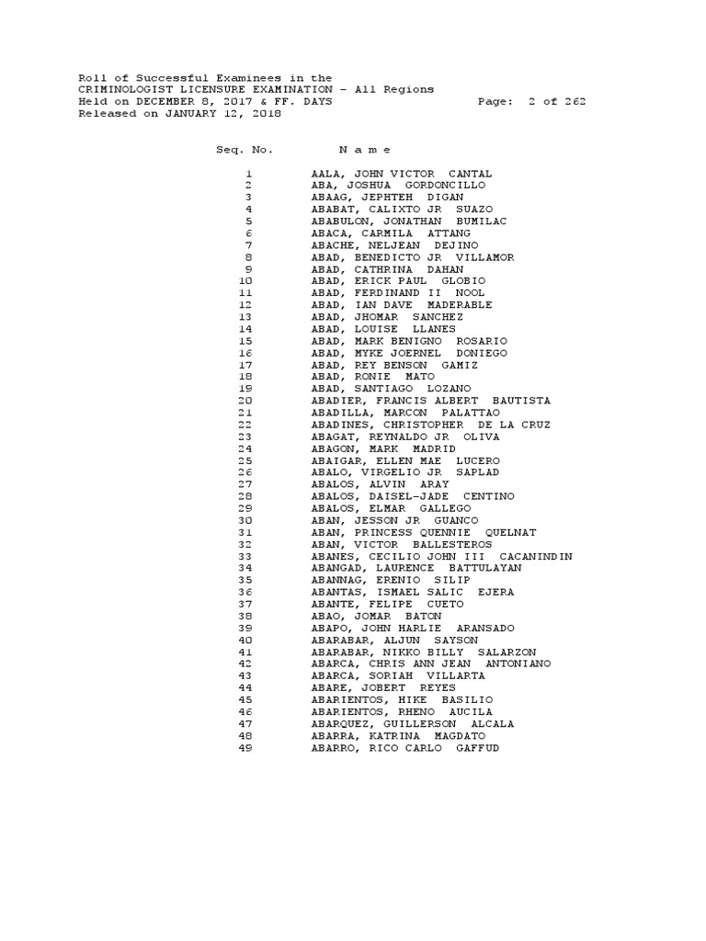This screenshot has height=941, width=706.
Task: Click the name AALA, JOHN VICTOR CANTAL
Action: pyautogui.click(x=401, y=173)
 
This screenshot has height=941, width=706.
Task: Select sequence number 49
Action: pyautogui.click(x=245, y=748)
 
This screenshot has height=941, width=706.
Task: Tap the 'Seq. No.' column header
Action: pyautogui.click(x=238, y=149)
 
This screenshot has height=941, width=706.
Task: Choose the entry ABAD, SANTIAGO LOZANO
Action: pyautogui.click(x=391, y=389)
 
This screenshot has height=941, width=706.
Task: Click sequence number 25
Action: pyautogui.click(x=245, y=460)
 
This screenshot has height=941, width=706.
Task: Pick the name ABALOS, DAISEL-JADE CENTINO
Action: pyautogui.click(x=413, y=496)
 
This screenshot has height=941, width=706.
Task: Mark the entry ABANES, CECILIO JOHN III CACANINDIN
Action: pyautogui.click(x=441, y=556)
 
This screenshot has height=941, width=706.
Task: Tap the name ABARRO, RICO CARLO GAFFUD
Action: pyautogui.click(x=405, y=748)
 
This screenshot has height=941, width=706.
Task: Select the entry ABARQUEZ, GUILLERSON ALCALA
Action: pyautogui.click(x=413, y=724)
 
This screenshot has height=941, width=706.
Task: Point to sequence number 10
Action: pyautogui.click(x=245, y=281)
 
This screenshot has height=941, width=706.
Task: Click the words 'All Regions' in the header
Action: pyautogui.click(x=398, y=90)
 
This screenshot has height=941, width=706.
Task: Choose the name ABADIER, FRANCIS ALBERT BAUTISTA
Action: pyautogui.click(x=430, y=401)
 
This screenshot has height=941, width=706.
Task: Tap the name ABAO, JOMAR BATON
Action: pyautogui.click(x=376, y=616)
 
